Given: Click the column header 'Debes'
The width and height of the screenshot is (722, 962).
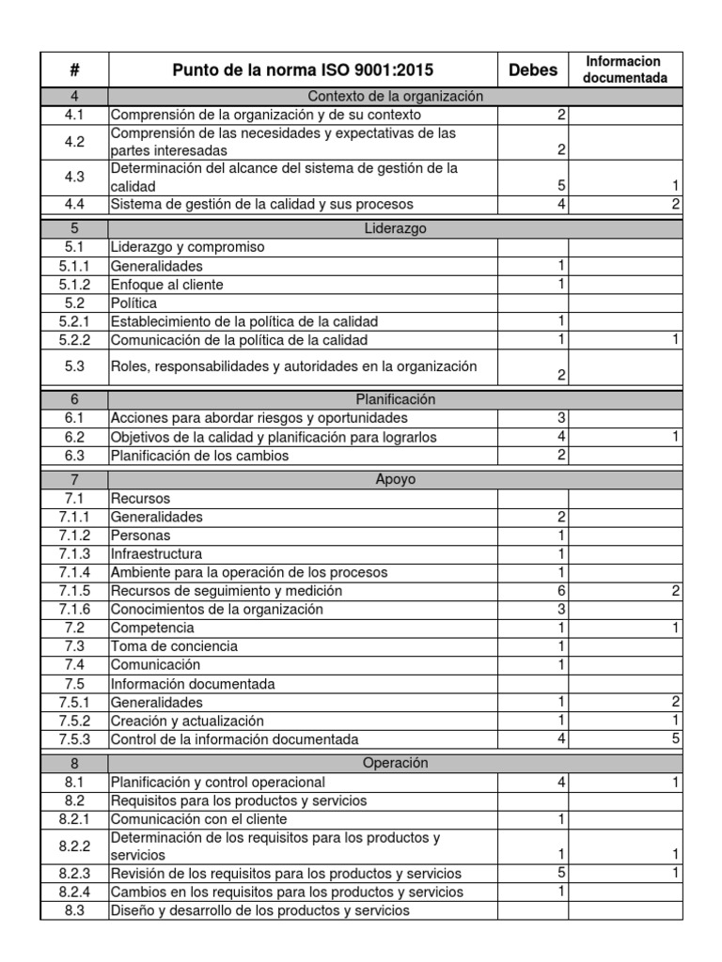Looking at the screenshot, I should click(x=533, y=70).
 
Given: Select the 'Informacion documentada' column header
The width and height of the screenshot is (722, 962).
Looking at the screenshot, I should click(x=625, y=70).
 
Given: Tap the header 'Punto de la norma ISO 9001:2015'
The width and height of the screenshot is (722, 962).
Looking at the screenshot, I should click(x=303, y=70).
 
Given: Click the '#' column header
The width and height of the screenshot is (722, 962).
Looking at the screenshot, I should click(x=74, y=70).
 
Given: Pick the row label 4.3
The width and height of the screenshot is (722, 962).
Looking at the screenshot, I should click(x=74, y=177).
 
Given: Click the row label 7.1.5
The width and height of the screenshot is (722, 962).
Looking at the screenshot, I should click(x=74, y=591).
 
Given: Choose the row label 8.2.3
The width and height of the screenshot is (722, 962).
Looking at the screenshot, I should click(x=74, y=874).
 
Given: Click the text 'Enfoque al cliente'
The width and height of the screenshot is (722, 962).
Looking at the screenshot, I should click(x=167, y=285).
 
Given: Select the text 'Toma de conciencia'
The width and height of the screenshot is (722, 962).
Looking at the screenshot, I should click(x=174, y=646).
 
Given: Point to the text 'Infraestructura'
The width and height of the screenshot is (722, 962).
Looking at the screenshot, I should click(x=156, y=553).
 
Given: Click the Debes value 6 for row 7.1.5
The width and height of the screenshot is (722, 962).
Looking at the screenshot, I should click(x=561, y=591).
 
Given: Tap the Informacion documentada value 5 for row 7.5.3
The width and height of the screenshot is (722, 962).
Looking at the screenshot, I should click(x=676, y=739).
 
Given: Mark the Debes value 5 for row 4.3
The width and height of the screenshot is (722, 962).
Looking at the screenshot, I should click(x=561, y=186).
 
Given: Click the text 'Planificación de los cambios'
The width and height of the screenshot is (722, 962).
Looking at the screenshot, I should click(x=199, y=456).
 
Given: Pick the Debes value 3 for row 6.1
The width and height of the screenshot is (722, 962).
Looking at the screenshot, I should click(x=561, y=418).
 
